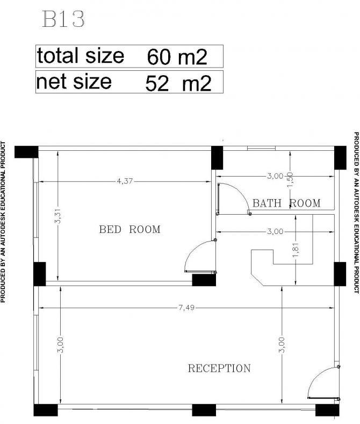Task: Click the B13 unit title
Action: pyautogui.click(x=63, y=19)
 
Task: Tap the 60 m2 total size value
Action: pyautogui.click(x=177, y=57)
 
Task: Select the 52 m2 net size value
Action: pyautogui.click(x=178, y=83)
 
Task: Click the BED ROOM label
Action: pyautogui.click(x=129, y=230)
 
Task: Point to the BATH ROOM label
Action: pyautogui.click(x=286, y=203)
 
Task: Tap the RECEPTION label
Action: pyautogui.click(x=219, y=368)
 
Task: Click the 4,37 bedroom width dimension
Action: pyautogui.click(x=125, y=181)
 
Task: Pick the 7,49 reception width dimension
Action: pyautogui.click(x=186, y=308)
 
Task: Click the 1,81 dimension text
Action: pyautogui.click(x=296, y=250)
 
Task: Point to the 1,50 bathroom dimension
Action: pyautogui.click(x=290, y=180)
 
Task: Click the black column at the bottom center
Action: pyautogui.click(x=204, y=410)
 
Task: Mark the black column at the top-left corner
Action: pyautogui.click(x=26, y=152)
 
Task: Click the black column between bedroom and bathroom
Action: pyautogui.click(x=217, y=158)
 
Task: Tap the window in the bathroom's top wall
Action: pyautogui.click(x=261, y=148)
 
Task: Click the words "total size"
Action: pyautogui.click(x=81, y=55)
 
